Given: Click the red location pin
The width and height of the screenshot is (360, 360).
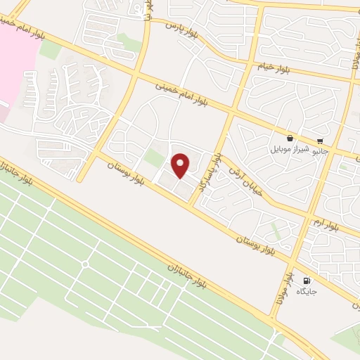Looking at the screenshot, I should coord(181,166).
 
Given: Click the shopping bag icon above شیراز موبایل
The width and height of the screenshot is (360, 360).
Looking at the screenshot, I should coord(290,138).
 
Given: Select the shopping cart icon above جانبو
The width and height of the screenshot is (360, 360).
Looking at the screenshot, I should coord(321,139).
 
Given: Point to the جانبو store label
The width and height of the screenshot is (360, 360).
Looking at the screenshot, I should coord(320,150).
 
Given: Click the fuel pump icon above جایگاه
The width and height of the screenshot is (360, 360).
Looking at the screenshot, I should coord(306,281).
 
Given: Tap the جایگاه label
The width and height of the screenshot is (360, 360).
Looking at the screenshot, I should coord(307,291).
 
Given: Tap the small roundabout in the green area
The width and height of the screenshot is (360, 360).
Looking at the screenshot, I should coord(85,264).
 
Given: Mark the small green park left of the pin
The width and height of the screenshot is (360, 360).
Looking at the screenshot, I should coord(154,158).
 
